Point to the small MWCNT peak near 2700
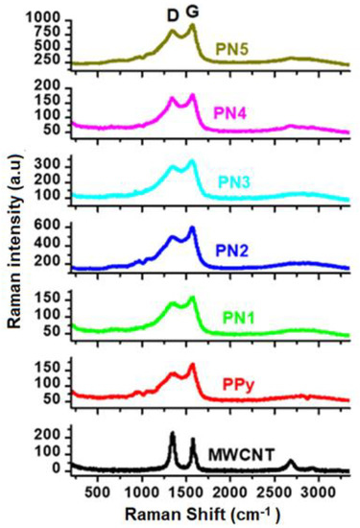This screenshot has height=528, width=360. (291, 462)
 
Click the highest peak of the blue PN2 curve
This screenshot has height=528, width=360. (192, 228)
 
